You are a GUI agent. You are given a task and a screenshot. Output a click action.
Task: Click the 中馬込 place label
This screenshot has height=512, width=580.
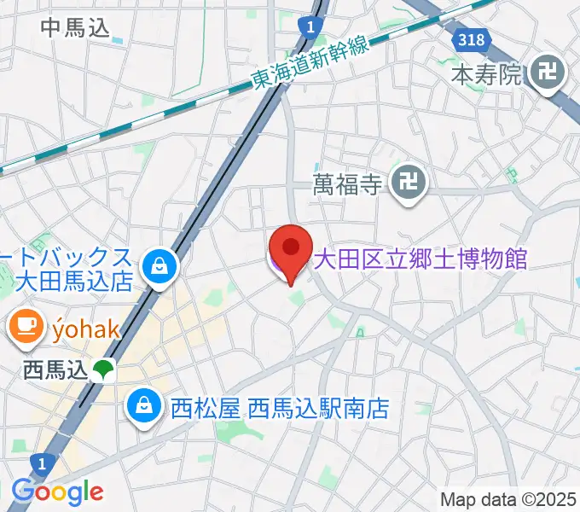pos(76,27)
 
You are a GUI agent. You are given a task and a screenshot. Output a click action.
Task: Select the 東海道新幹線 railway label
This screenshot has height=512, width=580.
pos(310,64)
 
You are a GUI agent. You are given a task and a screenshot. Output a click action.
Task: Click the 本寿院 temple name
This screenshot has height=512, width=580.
pos(485,75)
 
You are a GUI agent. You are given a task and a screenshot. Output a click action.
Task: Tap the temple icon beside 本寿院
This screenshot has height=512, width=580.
pos(546,76)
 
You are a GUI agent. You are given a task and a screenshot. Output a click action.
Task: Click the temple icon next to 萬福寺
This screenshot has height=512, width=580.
pos(409,182)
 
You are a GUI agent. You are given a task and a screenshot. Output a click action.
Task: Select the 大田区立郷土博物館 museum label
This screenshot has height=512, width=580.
pos(420,258)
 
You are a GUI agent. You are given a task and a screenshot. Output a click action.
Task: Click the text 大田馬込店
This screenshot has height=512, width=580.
pos(76,280)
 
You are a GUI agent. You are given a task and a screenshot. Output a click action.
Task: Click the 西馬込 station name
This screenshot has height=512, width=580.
pos(55,370)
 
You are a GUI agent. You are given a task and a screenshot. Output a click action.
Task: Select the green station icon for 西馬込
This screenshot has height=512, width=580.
pos(104,369)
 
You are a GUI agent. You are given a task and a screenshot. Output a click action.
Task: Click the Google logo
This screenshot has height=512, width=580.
pos(57,492)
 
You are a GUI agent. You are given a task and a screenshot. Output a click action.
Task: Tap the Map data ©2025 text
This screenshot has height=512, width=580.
pos(508,499)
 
